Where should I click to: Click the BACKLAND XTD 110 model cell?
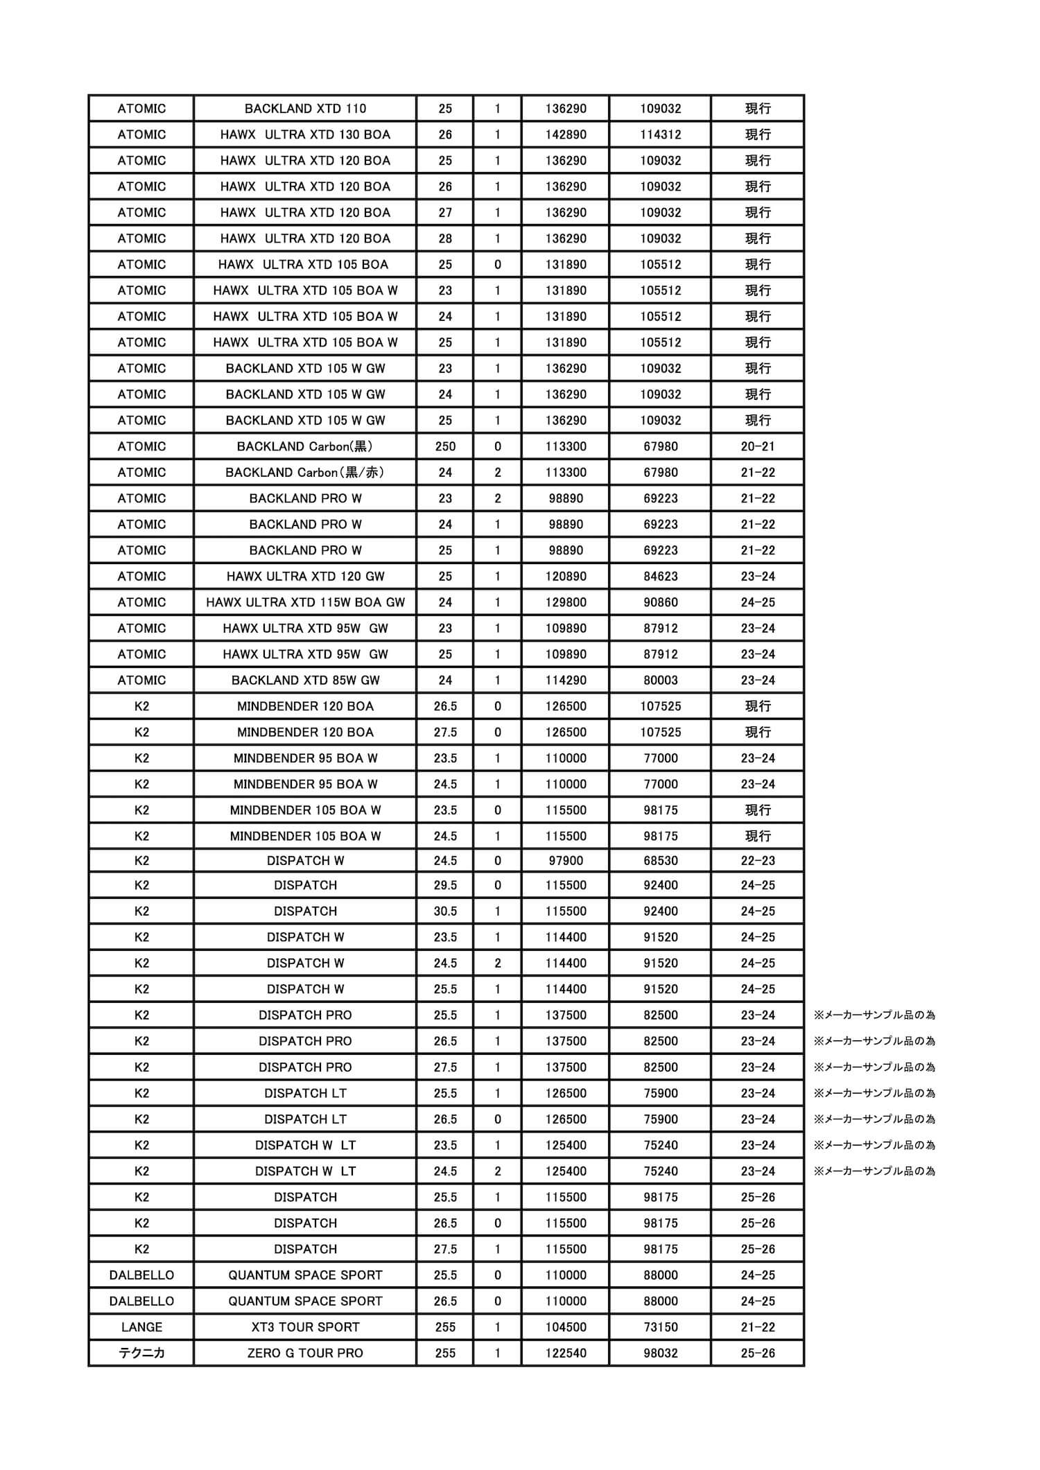click(305, 109)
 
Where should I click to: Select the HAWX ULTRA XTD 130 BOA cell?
click(305, 134)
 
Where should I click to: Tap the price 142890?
click(566, 134)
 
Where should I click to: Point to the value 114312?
click(660, 134)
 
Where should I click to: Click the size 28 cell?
click(445, 238)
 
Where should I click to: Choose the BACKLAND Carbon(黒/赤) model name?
click(305, 473)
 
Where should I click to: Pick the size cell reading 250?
click(445, 446)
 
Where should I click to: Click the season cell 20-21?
click(757, 446)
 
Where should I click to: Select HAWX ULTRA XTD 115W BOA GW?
click(305, 602)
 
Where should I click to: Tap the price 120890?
click(566, 577)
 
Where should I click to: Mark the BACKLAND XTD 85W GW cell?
click(305, 681)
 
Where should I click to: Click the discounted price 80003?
click(660, 681)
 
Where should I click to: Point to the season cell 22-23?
click(757, 861)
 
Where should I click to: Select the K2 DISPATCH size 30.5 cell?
click(445, 911)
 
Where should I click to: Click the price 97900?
click(566, 861)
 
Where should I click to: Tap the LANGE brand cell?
click(141, 1327)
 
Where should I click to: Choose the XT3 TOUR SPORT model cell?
click(305, 1327)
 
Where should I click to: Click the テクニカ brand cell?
click(141, 1353)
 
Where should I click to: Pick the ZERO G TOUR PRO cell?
click(305, 1353)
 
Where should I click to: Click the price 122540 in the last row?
click(566, 1353)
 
